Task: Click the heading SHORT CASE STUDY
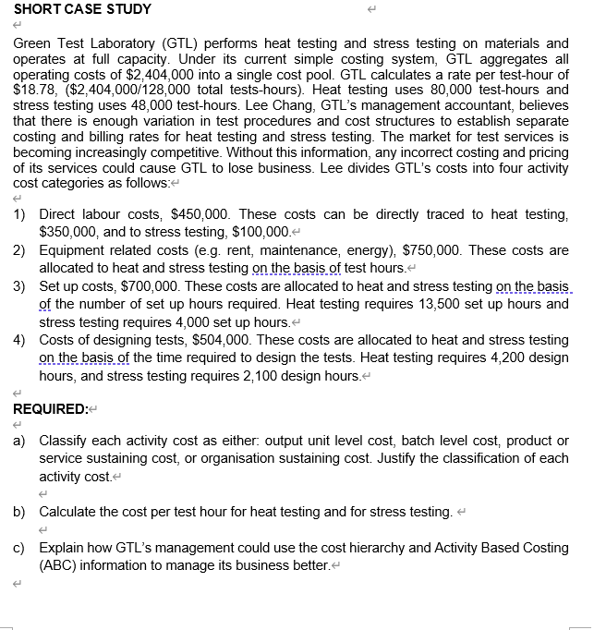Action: pos(82,9)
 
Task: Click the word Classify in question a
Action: pos(66,442)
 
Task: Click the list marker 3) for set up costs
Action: pos(19,286)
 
